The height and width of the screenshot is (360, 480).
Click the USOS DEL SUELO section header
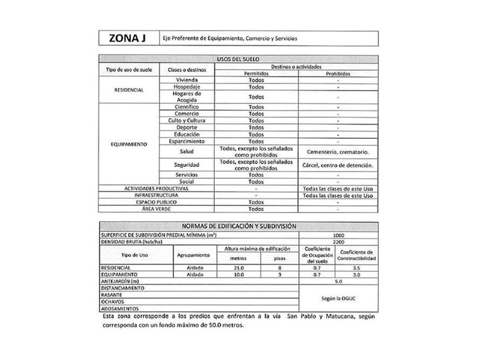238,59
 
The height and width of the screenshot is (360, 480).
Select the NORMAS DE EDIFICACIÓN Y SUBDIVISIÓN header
238,226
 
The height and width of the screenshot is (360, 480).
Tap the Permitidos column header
257,74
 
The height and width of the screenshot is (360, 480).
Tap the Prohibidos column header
338,74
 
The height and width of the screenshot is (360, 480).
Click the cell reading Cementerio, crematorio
338,152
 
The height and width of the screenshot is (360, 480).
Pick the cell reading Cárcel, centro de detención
338,165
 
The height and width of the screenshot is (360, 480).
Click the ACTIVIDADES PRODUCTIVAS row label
157,188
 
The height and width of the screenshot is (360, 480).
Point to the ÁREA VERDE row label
157,209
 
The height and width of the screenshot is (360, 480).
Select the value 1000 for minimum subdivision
338,235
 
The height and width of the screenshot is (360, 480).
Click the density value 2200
338,242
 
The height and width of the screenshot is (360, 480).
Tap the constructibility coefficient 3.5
357,267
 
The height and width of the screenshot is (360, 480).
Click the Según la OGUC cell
338,298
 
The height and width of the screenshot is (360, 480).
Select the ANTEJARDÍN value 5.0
338,281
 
